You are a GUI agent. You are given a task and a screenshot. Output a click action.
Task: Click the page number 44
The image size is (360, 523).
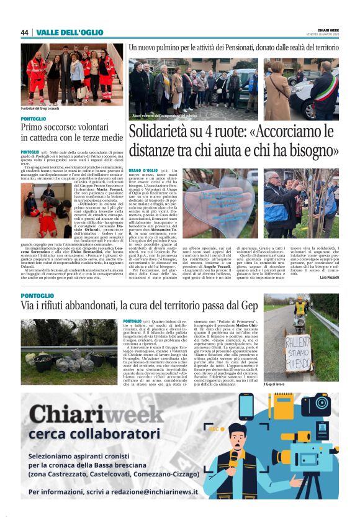point(25,32)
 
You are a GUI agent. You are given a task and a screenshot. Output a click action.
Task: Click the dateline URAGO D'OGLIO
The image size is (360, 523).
point(143,170)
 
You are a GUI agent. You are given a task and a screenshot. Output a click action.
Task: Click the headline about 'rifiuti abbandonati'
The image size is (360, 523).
point(138,306)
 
